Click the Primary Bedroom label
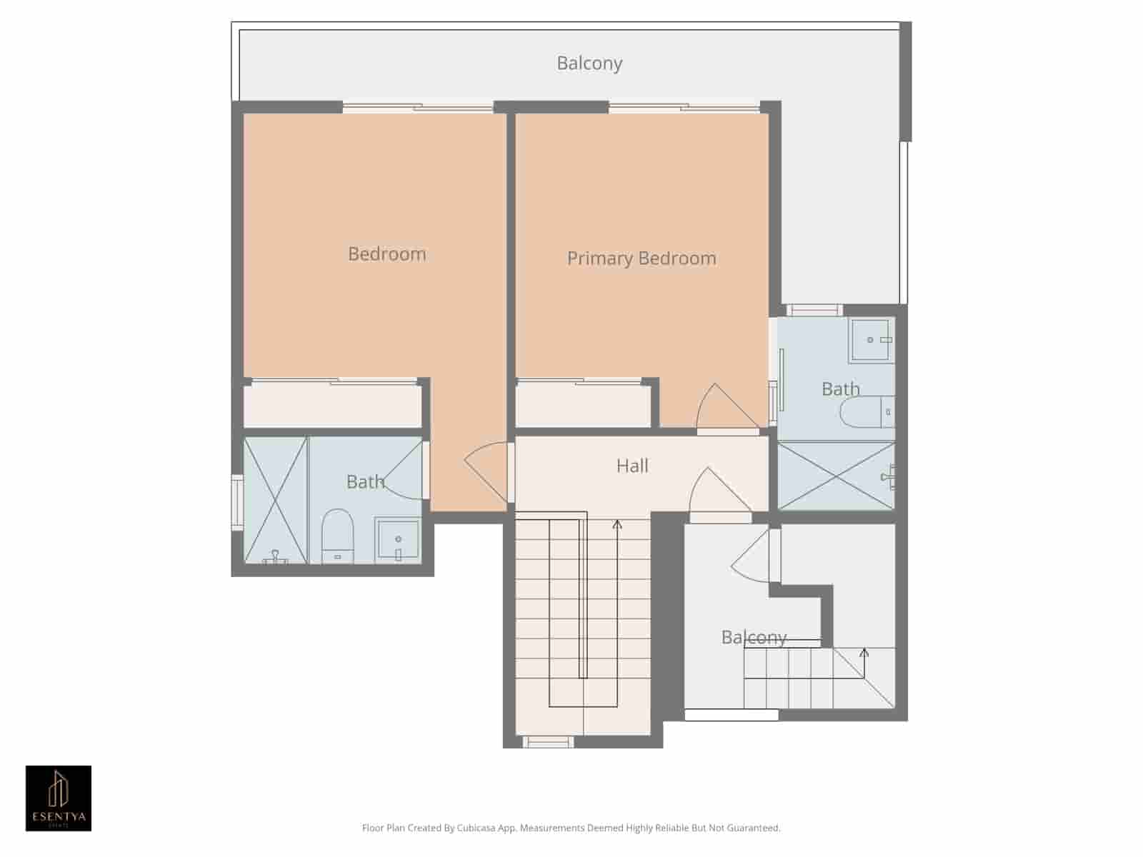pos(642,259)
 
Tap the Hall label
pos(632,466)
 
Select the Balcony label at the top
pos(589,64)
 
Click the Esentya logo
pos(59,798)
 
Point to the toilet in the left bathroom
pos(337,536)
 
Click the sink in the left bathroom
pos(398,540)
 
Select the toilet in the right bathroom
pos(867,412)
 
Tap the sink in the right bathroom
pos(872,340)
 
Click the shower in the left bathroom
pos(276,500)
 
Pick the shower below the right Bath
pos(835,476)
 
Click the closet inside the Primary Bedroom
pos(583,406)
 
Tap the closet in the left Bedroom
pos(332,406)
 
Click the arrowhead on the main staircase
pos(617,525)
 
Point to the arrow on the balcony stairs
pos(864,652)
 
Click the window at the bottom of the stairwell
pos(548,743)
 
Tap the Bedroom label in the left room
pos(386,254)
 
